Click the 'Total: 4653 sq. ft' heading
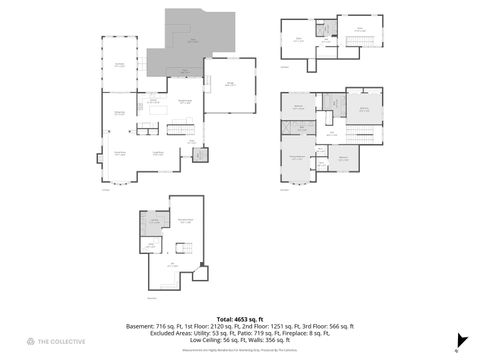[x=239, y=317]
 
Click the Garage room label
[x=229, y=84]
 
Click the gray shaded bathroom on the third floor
[x=323, y=28]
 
